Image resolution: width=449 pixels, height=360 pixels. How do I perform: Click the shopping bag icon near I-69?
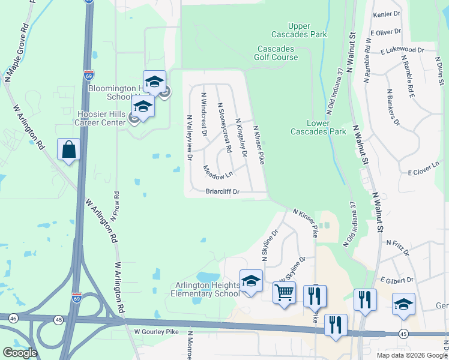(x=68, y=149)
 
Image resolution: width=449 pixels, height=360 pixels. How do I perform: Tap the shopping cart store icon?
(x=284, y=293)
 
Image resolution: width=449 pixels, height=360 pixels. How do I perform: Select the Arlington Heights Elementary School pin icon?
(x=251, y=280)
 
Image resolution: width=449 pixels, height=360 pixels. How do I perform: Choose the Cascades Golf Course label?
(x=277, y=53)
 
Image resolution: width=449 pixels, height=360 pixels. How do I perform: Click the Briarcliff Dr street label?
(x=223, y=192)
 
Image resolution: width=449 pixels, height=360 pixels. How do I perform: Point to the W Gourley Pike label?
(x=153, y=331)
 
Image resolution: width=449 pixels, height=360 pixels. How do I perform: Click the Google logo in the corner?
(x=20, y=353)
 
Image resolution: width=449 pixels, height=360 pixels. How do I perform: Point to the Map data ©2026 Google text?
(x=411, y=355)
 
